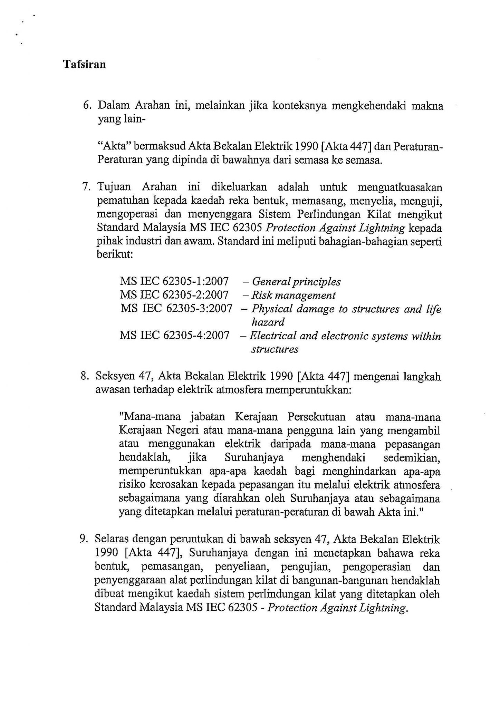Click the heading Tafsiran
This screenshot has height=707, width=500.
pos(84,65)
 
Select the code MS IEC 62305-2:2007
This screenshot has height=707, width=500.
pos(174,295)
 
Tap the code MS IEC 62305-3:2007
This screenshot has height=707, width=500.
pos(176,308)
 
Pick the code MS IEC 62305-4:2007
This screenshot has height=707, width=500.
pos(174,335)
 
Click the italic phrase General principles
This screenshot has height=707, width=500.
pos(296,282)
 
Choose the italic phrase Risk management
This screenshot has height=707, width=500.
pos(293,295)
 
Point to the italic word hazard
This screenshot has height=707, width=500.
pos(268,322)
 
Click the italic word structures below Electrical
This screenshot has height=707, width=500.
pos(275,349)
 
